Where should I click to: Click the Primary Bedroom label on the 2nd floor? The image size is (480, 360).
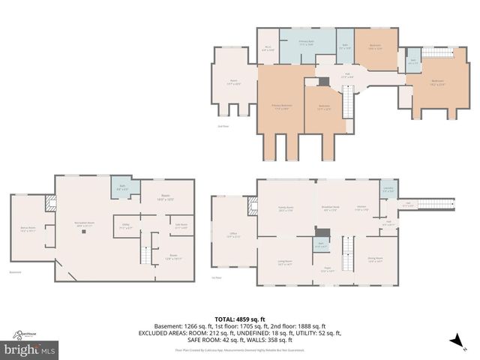tap(281, 106)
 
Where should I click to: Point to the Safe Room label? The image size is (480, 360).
tap(181, 225)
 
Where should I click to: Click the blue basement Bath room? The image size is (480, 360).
tap(122, 187)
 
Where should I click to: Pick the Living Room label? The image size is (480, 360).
tap(285, 263)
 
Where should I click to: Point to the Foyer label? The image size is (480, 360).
tap(328, 270)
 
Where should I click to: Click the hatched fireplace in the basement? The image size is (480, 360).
tap(51, 202)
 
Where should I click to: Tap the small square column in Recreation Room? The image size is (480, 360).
tap(84, 233)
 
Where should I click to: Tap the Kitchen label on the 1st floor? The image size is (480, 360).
tap(361, 208)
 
